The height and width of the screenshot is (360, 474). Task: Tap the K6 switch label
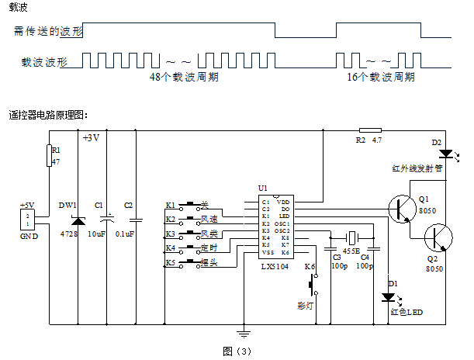310,267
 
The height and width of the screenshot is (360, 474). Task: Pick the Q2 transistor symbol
438,236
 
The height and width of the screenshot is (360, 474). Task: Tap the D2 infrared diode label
436,142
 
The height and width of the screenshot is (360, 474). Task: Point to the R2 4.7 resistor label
369,140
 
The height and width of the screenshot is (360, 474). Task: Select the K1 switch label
171,206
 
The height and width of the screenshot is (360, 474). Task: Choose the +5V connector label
28,206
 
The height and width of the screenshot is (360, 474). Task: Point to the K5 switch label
171,262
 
